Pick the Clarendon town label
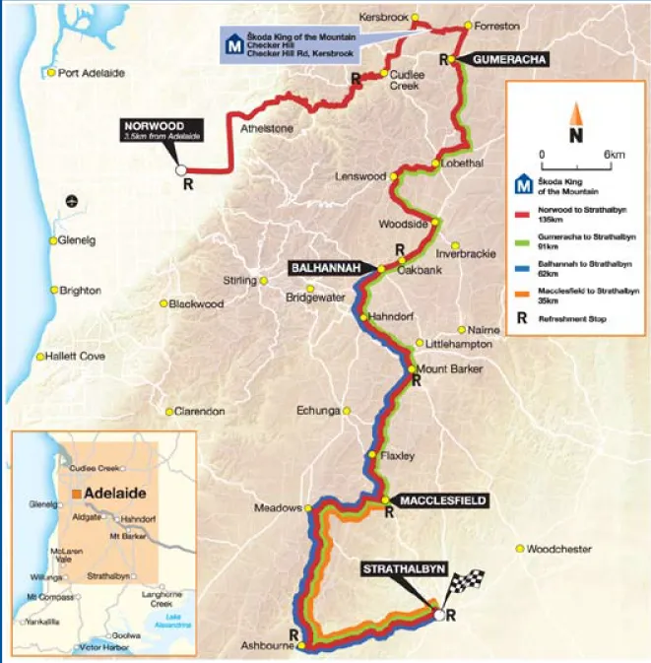(x=200, y=411)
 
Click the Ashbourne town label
(x=263, y=647)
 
